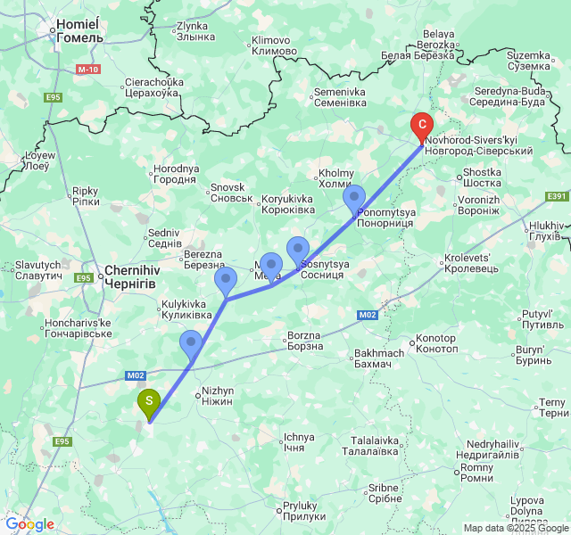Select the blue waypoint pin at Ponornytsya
click(x=355, y=197)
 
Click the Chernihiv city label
click(x=131, y=275)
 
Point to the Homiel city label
click(x=79, y=32)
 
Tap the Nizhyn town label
click(x=218, y=396)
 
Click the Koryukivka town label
click(x=287, y=204)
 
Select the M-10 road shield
click(x=87, y=70)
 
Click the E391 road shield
click(x=556, y=196)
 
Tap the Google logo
click(x=29, y=524)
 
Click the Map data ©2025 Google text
click(x=516, y=528)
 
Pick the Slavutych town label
click(x=37, y=270)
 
